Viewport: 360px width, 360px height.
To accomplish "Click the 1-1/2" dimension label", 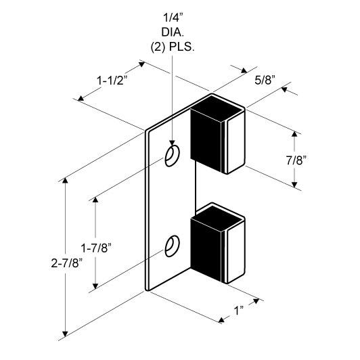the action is (112, 81).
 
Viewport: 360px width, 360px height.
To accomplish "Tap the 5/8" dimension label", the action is (265, 81).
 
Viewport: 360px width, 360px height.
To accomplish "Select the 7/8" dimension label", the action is (296, 160).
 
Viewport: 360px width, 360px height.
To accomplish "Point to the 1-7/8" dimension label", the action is (95, 248).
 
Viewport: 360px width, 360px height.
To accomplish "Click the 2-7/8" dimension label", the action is (66, 263).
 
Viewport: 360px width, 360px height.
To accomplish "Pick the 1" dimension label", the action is (239, 311).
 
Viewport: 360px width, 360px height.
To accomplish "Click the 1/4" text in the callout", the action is (173, 18).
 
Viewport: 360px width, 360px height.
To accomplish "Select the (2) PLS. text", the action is (173, 47).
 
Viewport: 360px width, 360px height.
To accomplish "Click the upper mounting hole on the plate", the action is (172, 156).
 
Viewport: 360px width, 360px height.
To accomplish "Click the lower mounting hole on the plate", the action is (172, 246).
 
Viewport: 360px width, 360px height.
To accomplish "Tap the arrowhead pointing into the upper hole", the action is (172, 143).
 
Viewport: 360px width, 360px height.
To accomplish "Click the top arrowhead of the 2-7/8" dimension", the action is (65, 181).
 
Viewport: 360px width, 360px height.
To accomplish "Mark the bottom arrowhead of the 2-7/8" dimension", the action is (65, 334).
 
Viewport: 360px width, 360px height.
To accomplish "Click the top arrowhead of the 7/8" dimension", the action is (294, 133).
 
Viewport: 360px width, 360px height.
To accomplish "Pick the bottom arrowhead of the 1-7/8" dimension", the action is (95, 286).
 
